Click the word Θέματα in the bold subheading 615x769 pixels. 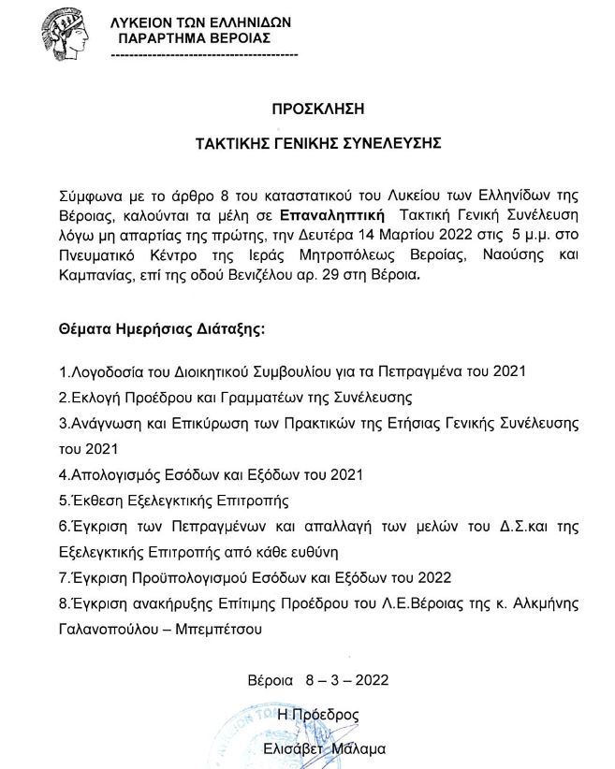81,330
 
